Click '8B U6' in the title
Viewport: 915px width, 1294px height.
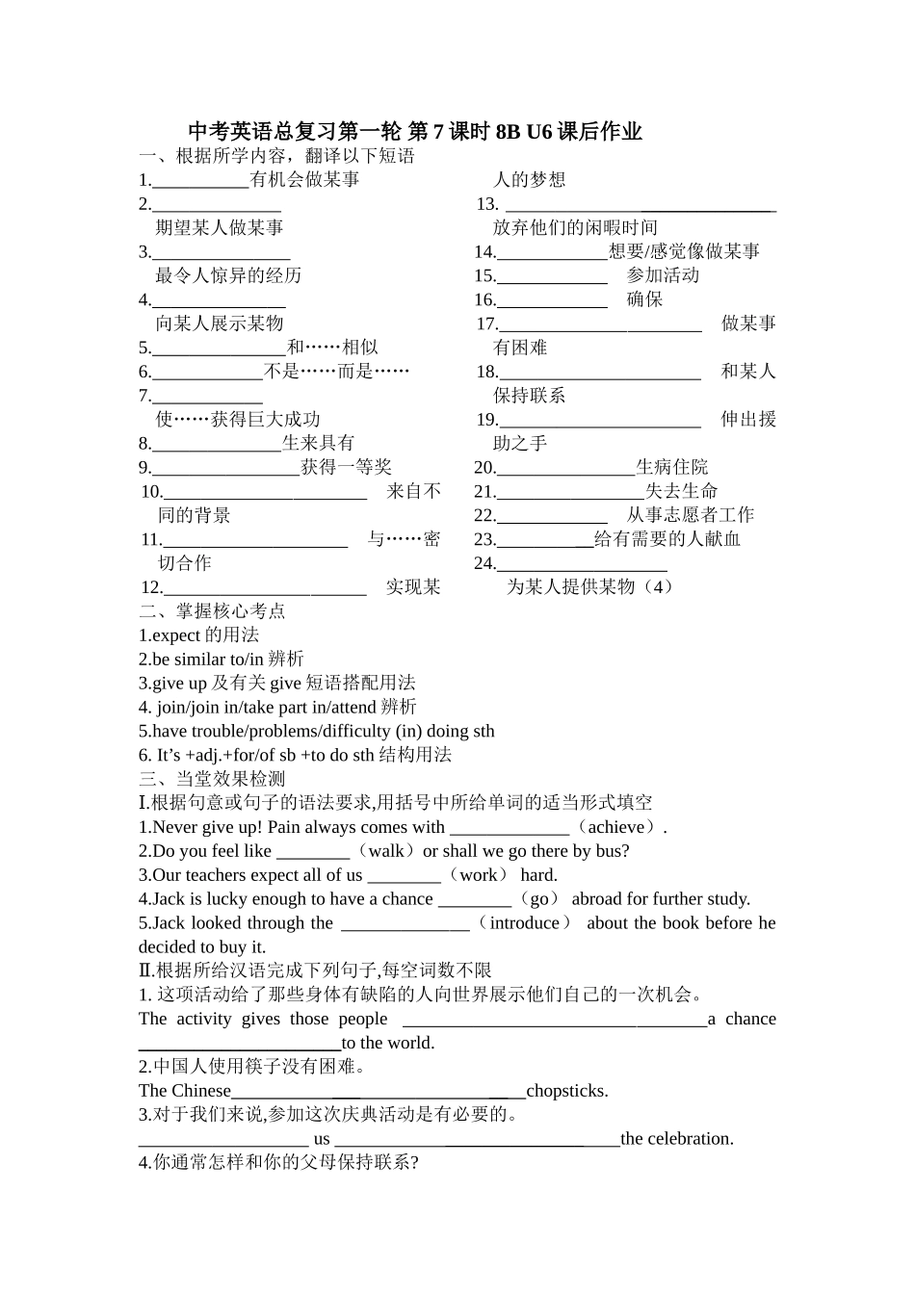click(x=524, y=132)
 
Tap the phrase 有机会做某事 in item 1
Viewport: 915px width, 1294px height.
click(x=304, y=179)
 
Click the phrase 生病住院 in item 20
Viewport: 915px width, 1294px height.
click(x=671, y=467)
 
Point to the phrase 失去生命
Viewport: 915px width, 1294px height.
click(x=681, y=491)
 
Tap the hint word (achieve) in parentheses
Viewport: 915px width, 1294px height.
click(x=616, y=827)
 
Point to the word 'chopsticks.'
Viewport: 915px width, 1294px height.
click(x=567, y=1091)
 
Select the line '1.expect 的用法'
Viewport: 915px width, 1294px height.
click(x=198, y=635)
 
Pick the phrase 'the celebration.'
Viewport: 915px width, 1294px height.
click(x=677, y=1139)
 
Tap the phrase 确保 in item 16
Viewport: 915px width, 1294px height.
click(x=644, y=299)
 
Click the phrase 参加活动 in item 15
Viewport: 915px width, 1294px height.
click(x=663, y=275)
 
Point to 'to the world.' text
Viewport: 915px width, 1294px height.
click(x=388, y=1043)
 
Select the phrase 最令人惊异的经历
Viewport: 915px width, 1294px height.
click(x=228, y=275)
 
